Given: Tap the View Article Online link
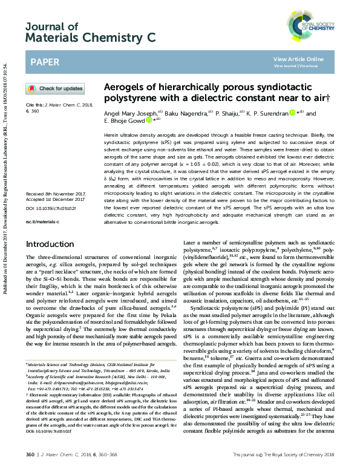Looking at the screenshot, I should point(298,59).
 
